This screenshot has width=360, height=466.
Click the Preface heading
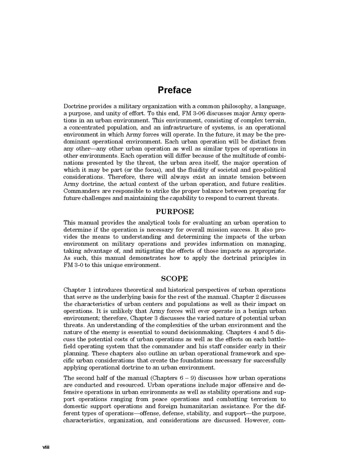click(x=174, y=90)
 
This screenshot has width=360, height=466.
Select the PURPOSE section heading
click(x=175, y=212)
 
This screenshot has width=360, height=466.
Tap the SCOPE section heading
click(x=175, y=279)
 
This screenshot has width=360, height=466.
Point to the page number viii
click(x=46, y=447)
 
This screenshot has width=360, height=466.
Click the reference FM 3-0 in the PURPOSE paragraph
click(x=73, y=265)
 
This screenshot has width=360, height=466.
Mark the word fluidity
click(x=190, y=170)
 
